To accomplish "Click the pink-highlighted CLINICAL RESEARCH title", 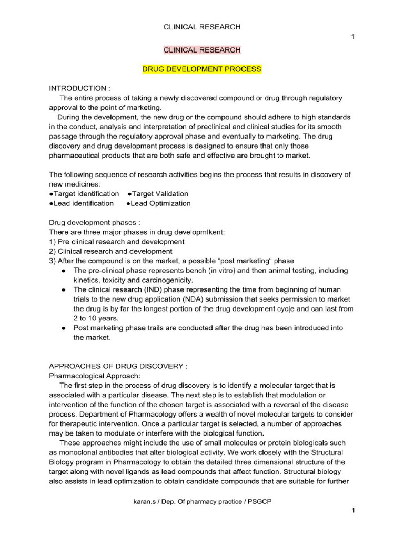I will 202,50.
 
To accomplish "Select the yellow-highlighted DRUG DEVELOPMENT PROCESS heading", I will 202,69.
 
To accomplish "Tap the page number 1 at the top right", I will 352,36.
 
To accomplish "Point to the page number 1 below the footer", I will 352,511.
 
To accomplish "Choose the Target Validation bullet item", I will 158,194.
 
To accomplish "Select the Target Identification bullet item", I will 84,194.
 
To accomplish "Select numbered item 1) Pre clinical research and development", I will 116,242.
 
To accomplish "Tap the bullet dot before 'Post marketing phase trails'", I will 63,328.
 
